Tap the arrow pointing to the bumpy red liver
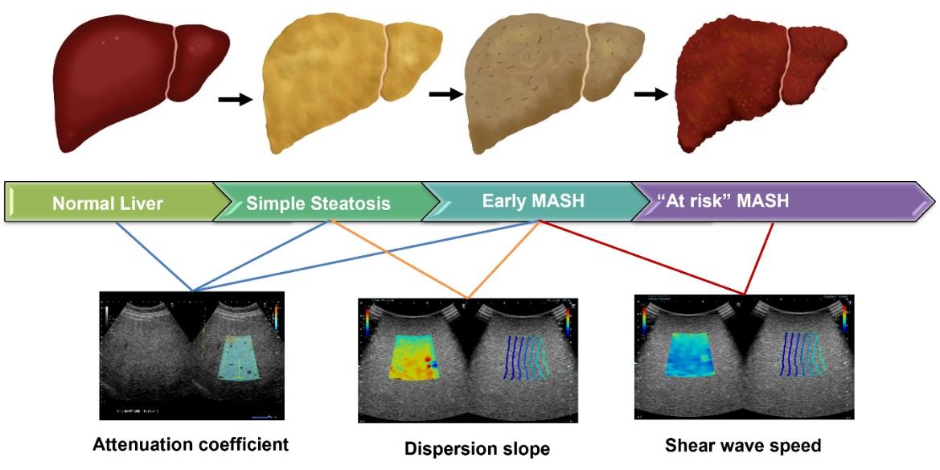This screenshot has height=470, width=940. point(651,94)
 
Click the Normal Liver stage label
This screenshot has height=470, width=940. point(108,204)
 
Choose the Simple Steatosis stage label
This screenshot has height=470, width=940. point(318,204)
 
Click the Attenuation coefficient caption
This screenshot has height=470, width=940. point(191,443)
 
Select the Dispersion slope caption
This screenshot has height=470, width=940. point(477,448)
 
